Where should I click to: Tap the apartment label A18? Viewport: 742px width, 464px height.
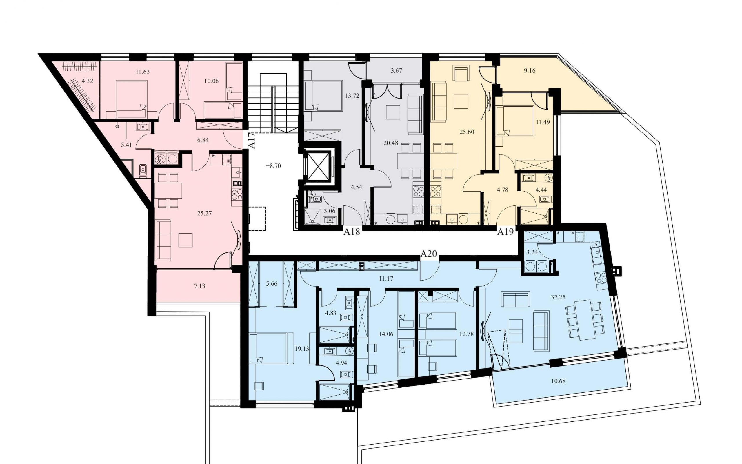pos(351,232)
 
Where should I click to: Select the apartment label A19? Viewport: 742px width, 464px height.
pos(505,232)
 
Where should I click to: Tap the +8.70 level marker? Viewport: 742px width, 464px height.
pos(273,166)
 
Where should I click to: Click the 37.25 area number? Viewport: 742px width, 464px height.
pos(558,297)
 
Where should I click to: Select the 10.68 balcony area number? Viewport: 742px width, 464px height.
pos(558,381)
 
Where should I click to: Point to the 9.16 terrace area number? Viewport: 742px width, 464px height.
pos(530,71)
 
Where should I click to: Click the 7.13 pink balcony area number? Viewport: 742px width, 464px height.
pos(199,286)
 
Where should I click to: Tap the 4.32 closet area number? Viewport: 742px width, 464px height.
pos(87,81)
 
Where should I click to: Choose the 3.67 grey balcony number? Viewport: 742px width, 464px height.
pos(396,71)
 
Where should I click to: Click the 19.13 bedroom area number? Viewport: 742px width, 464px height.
pos(302,349)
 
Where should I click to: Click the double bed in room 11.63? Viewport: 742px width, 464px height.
pos(131,99)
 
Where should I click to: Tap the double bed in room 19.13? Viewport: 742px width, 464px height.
pos(268,348)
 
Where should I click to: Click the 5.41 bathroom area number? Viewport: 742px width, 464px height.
pos(126,145)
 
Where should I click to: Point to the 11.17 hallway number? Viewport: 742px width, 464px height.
pos(386,279)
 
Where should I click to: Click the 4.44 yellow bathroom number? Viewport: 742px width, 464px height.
pos(541,190)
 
